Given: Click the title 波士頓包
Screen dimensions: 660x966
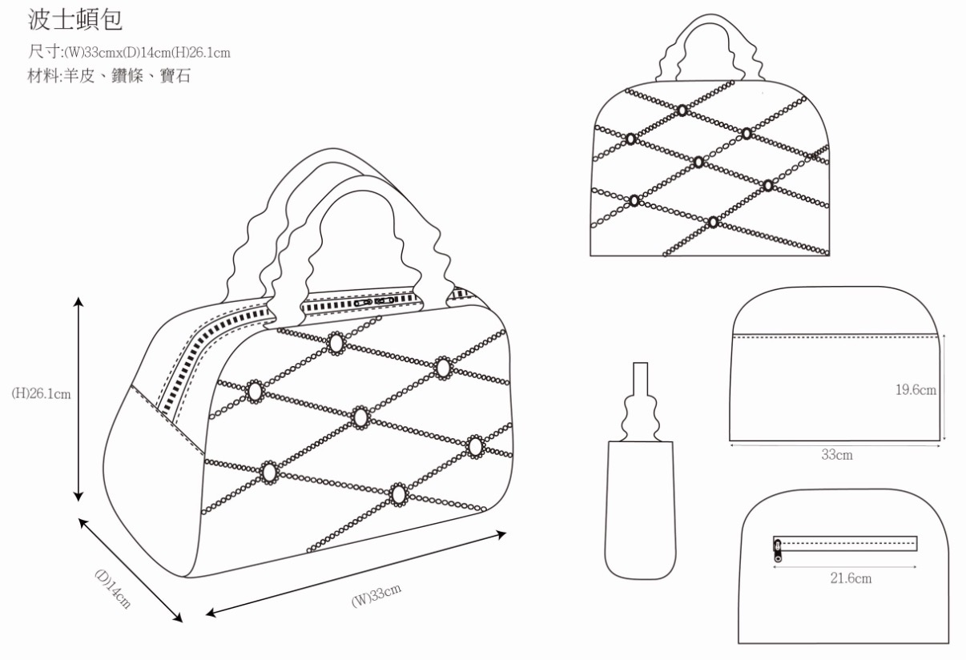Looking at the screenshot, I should [x=75, y=18].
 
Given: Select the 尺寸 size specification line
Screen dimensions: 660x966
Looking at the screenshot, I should [x=129, y=53].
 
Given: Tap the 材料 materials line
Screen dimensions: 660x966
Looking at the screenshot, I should [x=109, y=77].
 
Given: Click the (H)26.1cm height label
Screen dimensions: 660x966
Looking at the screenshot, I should [x=41, y=394].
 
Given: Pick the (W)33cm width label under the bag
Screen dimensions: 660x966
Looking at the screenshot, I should [x=376, y=597].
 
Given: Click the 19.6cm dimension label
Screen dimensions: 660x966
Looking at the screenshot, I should [x=916, y=390].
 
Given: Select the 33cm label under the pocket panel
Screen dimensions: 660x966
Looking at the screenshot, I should [x=836, y=454].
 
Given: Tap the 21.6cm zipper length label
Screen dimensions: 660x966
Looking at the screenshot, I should [x=851, y=577].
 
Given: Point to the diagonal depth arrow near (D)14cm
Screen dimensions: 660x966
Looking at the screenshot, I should [x=131, y=569].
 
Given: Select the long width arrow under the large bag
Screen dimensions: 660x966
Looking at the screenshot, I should [x=356, y=573].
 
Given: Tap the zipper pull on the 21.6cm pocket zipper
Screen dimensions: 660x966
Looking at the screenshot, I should [x=777, y=548].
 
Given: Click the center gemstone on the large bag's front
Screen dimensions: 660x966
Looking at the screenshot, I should [x=360, y=417].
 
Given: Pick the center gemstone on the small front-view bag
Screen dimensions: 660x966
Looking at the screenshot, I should [x=698, y=162].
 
